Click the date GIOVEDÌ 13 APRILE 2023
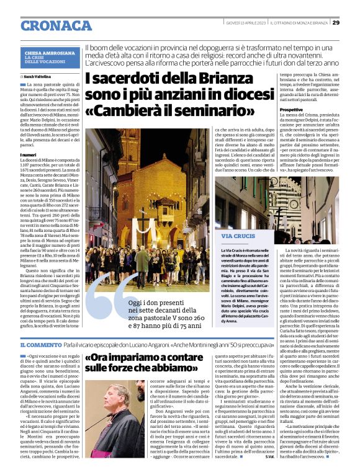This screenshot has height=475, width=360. point(250,22)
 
